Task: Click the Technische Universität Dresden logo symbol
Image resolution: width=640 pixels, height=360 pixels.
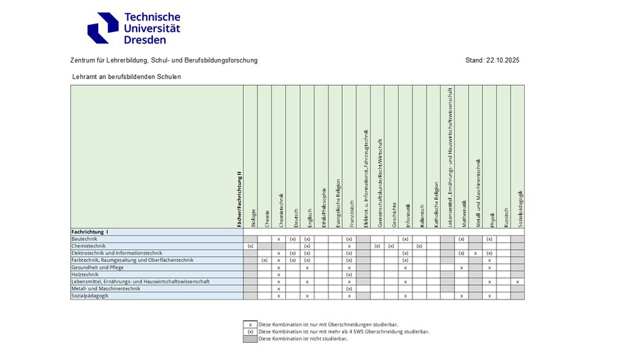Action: [102, 28]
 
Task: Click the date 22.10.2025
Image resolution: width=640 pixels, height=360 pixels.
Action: [503, 60]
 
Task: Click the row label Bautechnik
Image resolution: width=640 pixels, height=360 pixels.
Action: [85, 239]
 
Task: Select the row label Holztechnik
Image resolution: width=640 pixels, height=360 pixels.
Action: [85, 275]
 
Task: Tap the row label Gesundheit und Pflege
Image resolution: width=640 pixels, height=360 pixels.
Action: [97, 268]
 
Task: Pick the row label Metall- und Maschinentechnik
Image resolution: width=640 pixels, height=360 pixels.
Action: [101, 289]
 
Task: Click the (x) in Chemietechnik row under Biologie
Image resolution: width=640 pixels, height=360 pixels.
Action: [250, 246]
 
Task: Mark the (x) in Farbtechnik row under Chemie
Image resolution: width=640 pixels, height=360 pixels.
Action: [264, 260]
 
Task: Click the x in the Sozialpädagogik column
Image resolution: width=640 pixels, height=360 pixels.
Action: [518, 282]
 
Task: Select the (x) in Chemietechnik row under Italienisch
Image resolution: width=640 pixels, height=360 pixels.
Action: [420, 246]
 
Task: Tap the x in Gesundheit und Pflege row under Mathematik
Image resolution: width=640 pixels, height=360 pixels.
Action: [462, 268]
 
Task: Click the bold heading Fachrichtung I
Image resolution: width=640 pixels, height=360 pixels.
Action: [90, 232]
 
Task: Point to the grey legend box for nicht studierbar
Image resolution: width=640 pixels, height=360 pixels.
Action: [250, 339]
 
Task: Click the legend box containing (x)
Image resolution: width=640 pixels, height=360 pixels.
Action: [250, 332]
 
